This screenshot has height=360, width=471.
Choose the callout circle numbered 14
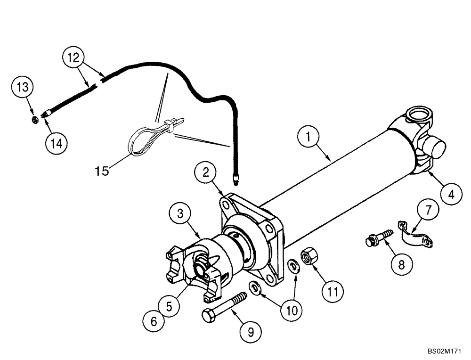click(x=56, y=143)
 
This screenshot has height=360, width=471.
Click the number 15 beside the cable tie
click(x=102, y=170)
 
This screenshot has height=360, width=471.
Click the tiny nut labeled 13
click(x=34, y=120)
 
